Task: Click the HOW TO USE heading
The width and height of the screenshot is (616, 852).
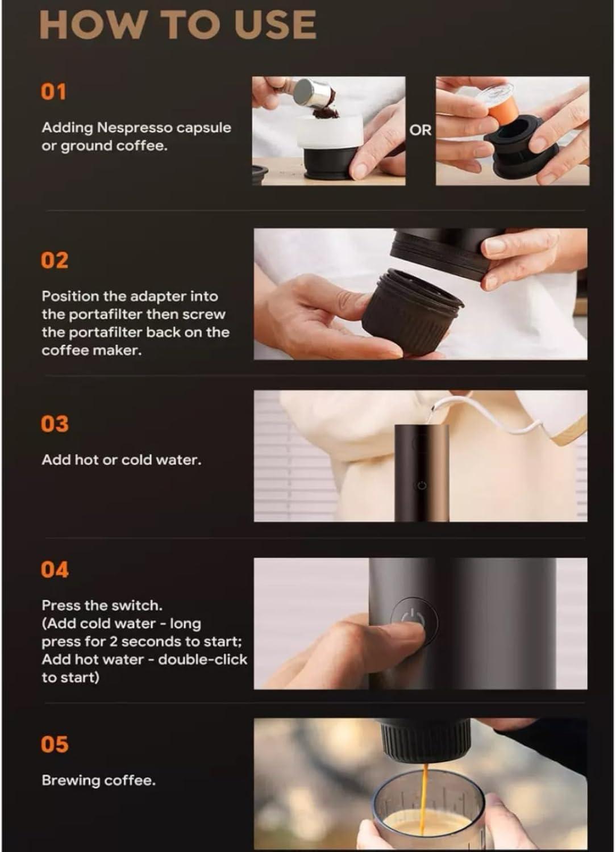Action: coord(178,25)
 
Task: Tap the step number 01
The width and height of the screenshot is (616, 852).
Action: coord(53,92)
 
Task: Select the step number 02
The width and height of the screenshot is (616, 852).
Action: coord(55,260)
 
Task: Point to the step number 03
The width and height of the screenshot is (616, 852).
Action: coord(55,424)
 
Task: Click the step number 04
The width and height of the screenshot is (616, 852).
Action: coord(55,570)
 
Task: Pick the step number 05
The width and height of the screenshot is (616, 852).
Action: coord(55,744)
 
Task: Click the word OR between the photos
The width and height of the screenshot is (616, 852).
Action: coord(421,131)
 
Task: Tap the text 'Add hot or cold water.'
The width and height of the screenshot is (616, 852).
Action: coord(122,460)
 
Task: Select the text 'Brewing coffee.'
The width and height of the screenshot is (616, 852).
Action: coord(99,780)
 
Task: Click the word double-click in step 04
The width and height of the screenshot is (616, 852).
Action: coord(203,659)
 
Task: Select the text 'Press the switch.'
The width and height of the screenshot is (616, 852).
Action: coord(102,605)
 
